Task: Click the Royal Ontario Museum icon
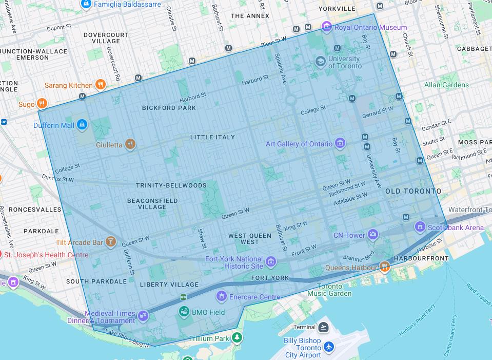point(327,27)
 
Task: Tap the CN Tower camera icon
point(373,235)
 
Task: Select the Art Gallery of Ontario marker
point(340,144)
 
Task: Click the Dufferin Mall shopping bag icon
point(82,125)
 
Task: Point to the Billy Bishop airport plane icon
point(329,348)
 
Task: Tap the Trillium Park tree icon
point(237,338)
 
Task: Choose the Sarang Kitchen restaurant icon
point(101,85)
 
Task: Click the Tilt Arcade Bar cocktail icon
point(110,242)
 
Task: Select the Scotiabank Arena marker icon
point(420,227)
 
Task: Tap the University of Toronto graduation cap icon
point(321,62)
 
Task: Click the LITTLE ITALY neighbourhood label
point(212,137)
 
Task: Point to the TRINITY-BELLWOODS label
point(171,185)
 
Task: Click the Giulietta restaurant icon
point(130,145)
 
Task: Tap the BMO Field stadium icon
point(184,312)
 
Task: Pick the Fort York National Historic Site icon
point(271,263)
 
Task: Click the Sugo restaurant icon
point(42,104)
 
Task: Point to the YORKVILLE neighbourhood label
point(337,9)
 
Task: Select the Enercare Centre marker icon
point(221,296)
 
